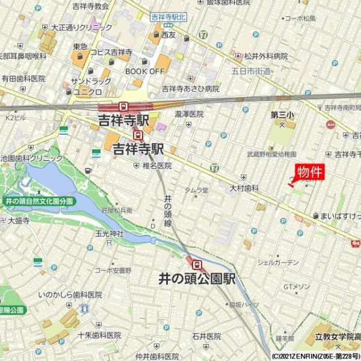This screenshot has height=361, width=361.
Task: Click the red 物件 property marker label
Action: [310, 172]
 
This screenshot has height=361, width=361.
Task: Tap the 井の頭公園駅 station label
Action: [196, 280]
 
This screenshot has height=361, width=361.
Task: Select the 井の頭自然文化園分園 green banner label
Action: [39, 201]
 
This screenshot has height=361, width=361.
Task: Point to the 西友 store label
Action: [168, 35]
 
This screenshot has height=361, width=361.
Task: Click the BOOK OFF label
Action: [144, 71]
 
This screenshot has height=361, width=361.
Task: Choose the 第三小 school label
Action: [282, 114]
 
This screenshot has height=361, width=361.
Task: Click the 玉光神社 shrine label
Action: [109, 233]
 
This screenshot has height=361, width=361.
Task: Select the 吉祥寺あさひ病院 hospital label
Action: [190, 88]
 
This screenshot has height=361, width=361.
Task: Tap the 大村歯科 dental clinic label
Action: [243, 188]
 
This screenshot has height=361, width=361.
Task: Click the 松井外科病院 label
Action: [265, 56]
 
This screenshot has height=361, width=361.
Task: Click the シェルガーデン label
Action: [277, 262]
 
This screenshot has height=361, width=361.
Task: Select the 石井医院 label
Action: [206, 336]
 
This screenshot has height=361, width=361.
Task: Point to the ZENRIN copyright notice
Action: [315, 356]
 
